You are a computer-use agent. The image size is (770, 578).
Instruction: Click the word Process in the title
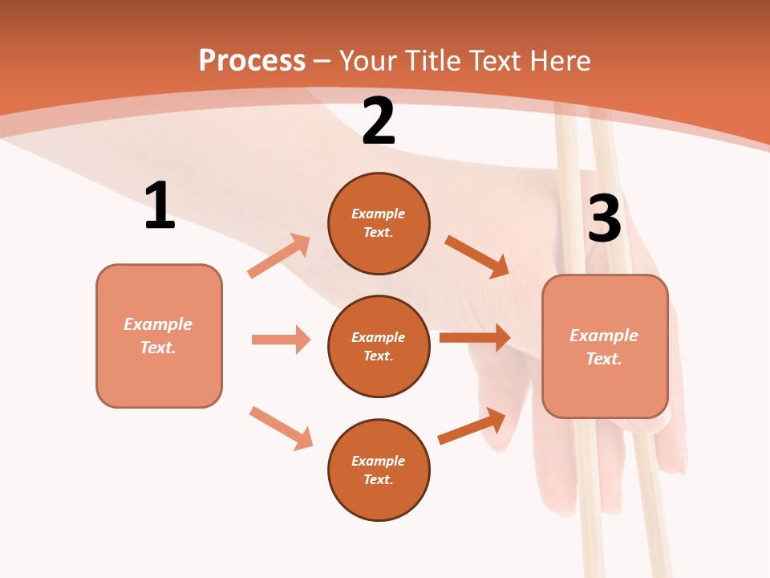(252, 61)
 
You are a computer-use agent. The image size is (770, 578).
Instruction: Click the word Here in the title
(560, 60)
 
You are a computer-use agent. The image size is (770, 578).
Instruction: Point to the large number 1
(160, 205)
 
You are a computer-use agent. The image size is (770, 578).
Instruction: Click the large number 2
(378, 120)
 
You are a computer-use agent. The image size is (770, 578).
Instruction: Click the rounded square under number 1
(159, 336)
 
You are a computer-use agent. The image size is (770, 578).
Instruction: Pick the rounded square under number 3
(605, 347)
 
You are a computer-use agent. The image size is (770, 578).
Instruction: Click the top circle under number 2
(379, 224)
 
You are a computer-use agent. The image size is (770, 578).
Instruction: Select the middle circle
(379, 347)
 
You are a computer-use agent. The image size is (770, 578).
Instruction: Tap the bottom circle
(379, 470)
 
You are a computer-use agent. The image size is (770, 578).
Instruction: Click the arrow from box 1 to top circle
(279, 255)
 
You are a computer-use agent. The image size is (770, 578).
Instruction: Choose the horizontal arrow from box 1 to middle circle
(282, 339)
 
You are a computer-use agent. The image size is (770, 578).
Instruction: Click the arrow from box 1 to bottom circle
(282, 429)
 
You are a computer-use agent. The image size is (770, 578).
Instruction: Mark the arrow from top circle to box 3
(476, 257)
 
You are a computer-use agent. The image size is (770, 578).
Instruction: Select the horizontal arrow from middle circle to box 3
(476, 337)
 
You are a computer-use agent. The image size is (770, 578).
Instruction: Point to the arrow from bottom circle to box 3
(472, 426)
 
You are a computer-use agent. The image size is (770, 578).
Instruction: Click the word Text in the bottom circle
(378, 479)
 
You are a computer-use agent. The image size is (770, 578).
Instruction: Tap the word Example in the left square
(158, 324)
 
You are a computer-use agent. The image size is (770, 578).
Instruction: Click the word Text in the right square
(604, 359)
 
